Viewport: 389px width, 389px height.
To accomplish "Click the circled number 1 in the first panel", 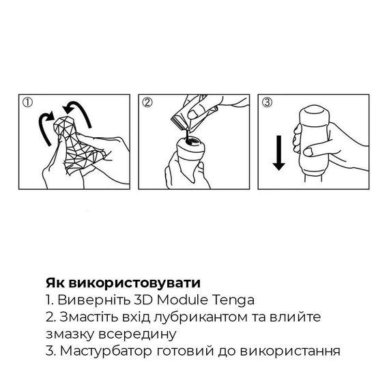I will point(27,104).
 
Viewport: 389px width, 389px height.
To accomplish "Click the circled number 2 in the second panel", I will point(147,104).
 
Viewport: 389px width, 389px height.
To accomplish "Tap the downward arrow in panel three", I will point(278,152).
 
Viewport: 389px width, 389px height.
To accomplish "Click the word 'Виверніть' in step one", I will point(85,300).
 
